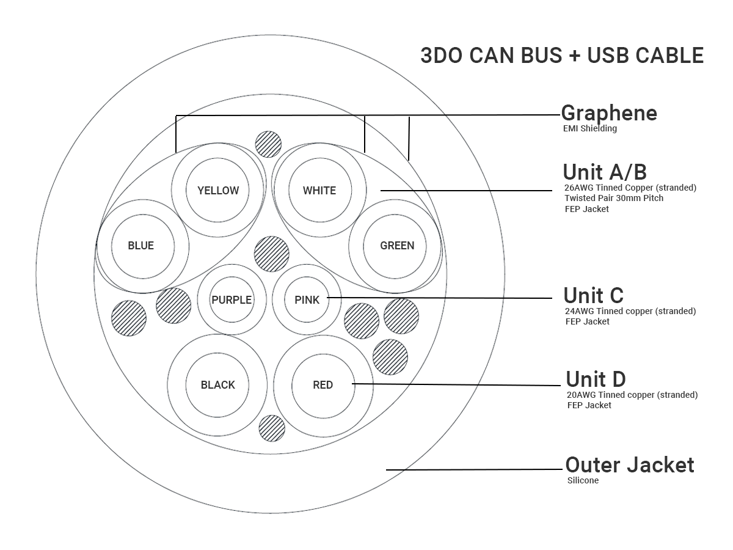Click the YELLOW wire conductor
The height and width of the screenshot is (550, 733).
pos(218,190)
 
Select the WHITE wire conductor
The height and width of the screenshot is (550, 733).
pos(319,190)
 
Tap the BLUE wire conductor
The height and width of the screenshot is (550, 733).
pos(141,246)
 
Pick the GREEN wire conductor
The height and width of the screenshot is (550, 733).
pos(397,246)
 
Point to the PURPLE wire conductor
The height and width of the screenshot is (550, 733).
pos(232,299)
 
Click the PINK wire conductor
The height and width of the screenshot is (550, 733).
pos(307,299)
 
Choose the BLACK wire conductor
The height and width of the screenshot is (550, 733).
pos(217,384)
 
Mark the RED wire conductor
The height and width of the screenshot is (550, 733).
pos(323,384)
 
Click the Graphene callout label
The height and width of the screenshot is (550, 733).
pos(609,113)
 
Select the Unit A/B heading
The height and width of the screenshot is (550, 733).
pos(605,172)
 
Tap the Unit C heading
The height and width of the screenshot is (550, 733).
pos(593,295)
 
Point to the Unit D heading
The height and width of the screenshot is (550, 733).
pos(596,379)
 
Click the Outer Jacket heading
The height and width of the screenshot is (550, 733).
pos(630,465)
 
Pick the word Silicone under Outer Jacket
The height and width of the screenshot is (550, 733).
pos(583,480)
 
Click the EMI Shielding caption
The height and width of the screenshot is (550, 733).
pos(590,128)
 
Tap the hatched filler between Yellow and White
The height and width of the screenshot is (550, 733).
pos(268,144)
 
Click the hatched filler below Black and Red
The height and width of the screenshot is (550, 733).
pos(272,428)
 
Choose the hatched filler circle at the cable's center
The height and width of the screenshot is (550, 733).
pos(271,254)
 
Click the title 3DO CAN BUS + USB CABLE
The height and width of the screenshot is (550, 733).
pos(562,56)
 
